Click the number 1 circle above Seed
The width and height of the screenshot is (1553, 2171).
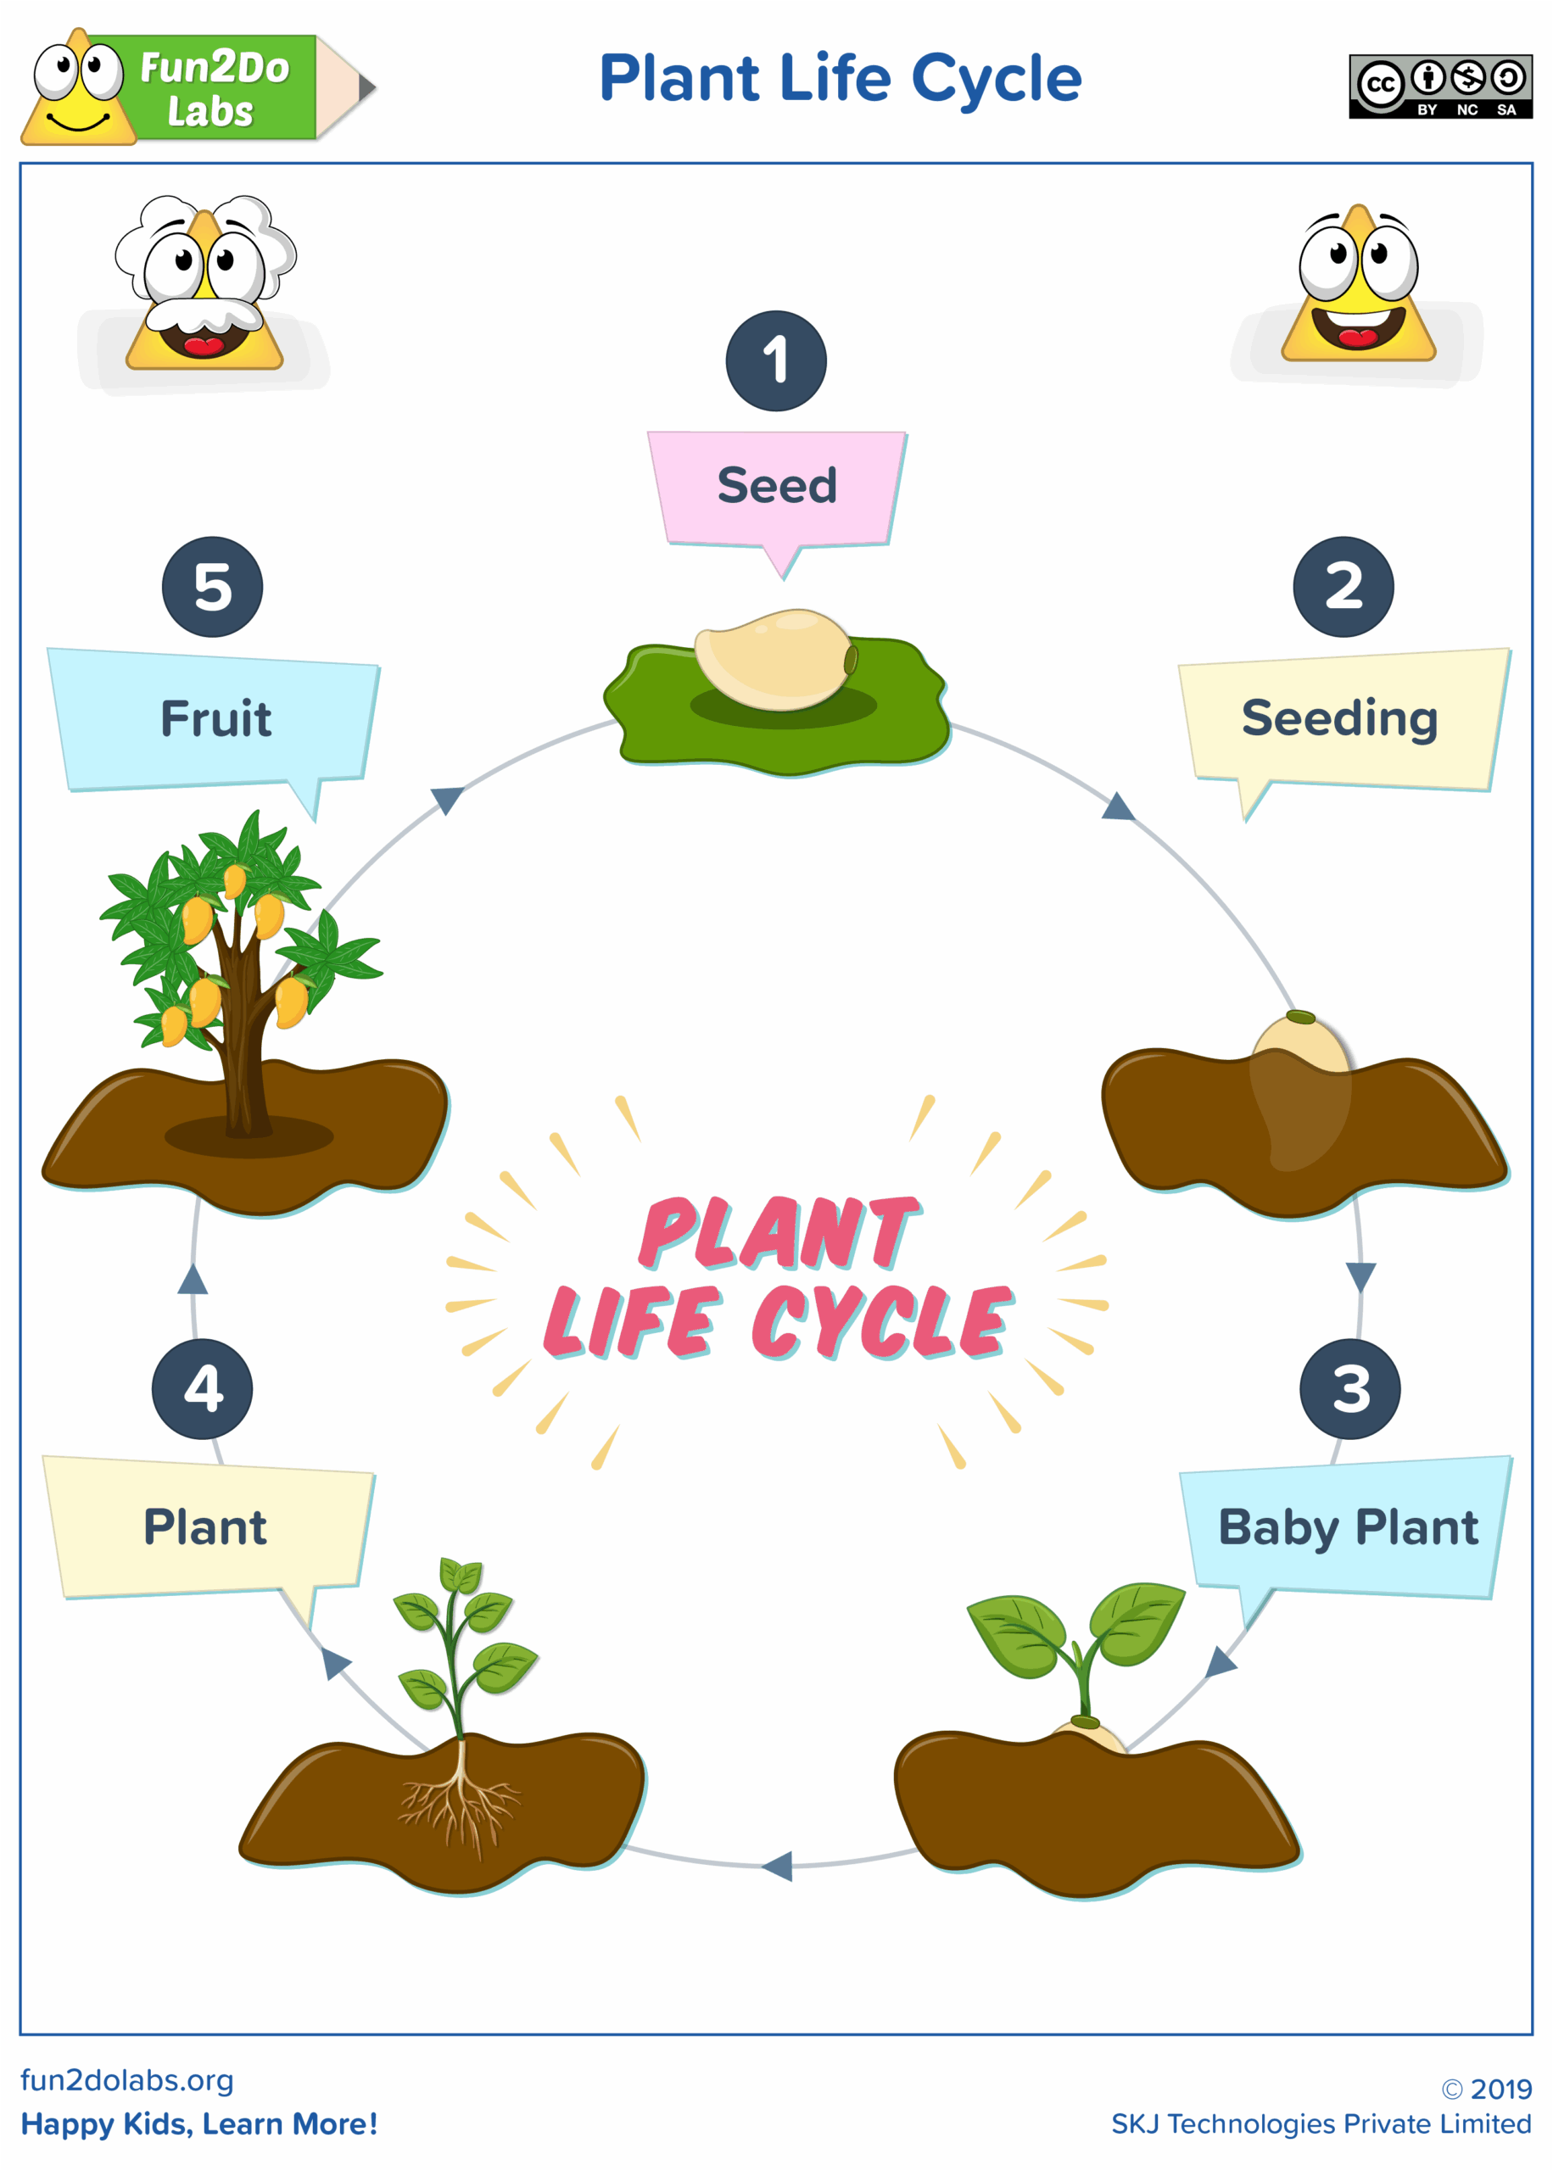pyautogui.click(x=775, y=360)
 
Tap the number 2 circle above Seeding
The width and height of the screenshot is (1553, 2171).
pyautogui.click(x=1343, y=586)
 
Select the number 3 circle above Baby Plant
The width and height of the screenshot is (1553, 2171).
pyautogui.click(x=1349, y=1388)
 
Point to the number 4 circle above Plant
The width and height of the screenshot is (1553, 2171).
pyautogui.click(x=202, y=1388)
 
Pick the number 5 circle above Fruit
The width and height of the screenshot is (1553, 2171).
pyautogui.click(x=212, y=586)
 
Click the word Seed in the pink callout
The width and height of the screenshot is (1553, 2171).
pyautogui.click(x=777, y=486)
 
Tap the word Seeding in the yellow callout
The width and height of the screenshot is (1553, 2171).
pyautogui.click(x=1338, y=718)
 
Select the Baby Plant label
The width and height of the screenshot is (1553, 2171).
pyautogui.click(x=1348, y=1526)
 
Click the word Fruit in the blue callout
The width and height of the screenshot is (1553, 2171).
pyautogui.click(x=215, y=719)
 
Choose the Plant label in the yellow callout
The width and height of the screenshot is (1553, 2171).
pyautogui.click(x=204, y=1526)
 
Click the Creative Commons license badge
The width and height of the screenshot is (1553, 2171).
pyautogui.click(x=1439, y=86)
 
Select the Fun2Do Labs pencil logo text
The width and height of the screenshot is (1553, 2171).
pyautogui.click(x=213, y=88)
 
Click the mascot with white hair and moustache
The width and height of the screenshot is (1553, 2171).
pyautogui.click(x=204, y=284)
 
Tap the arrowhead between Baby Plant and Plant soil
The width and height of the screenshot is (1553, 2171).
pyautogui.click(x=779, y=1865)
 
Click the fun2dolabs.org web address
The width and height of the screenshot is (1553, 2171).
pyautogui.click(x=127, y=2079)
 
